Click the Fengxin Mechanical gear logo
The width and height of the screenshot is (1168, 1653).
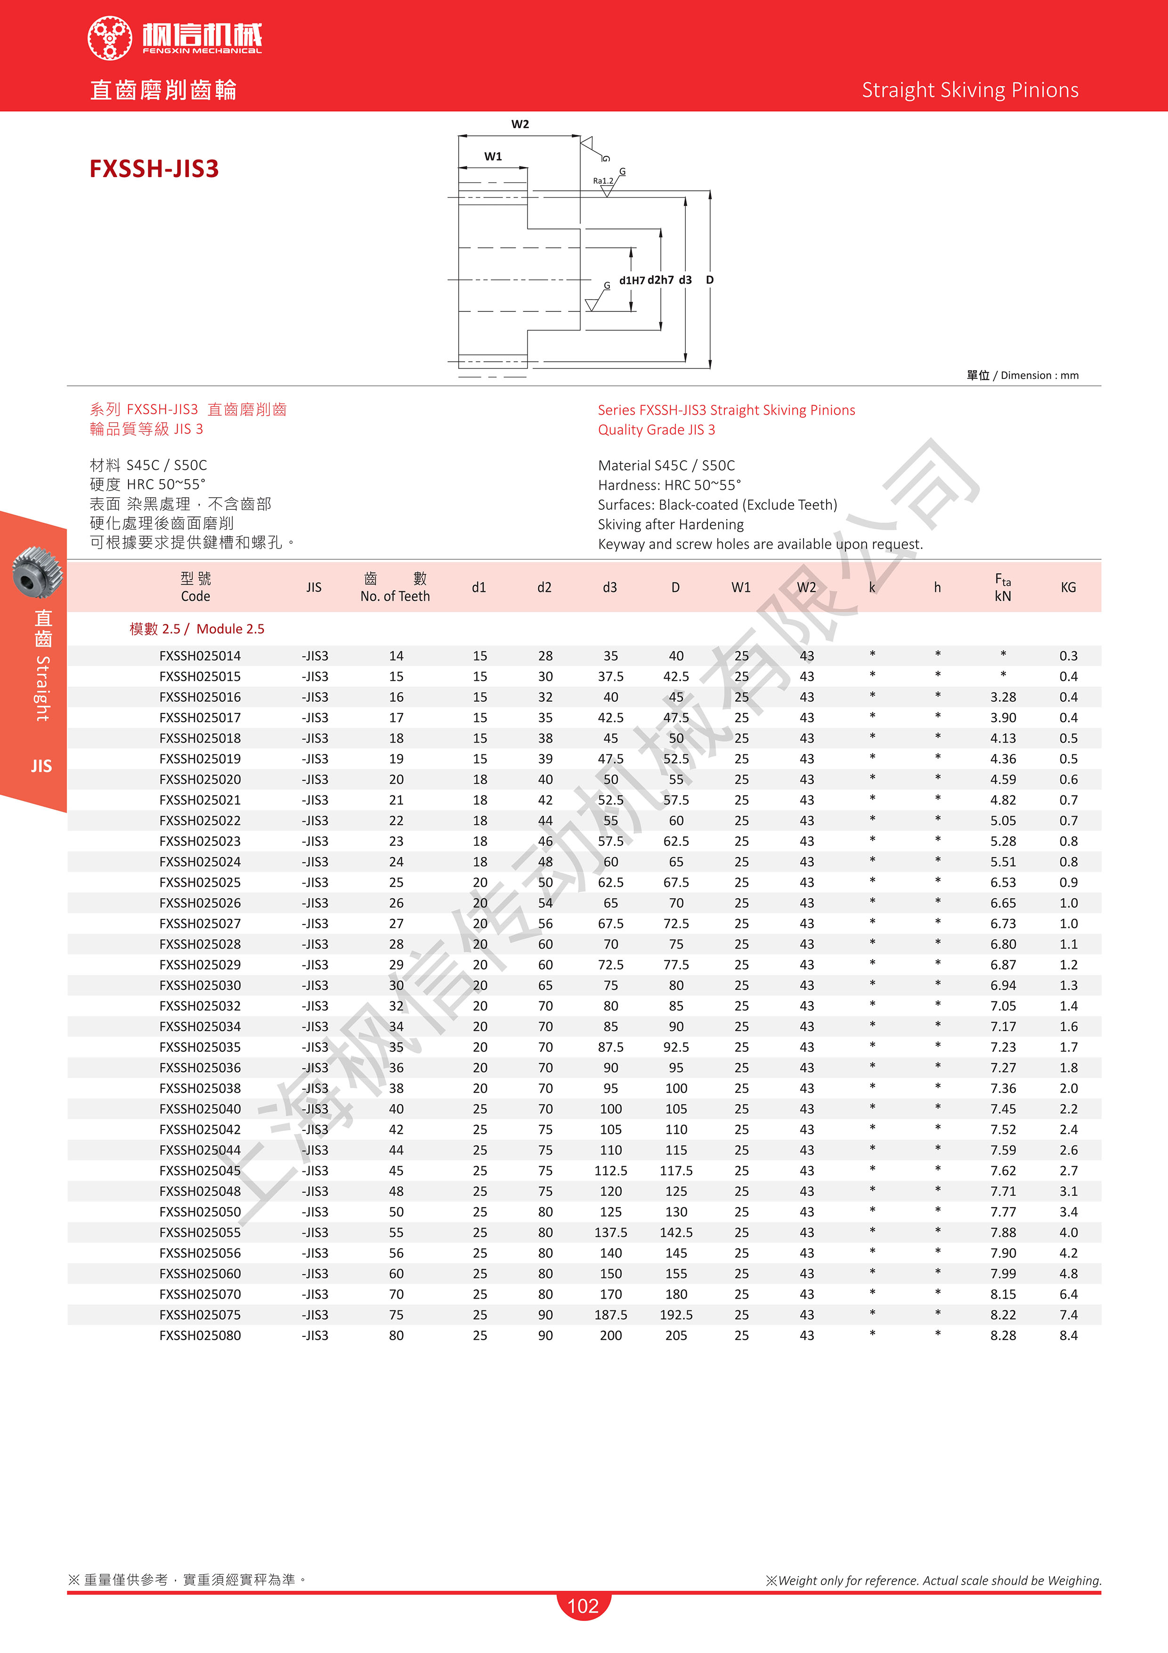click(109, 37)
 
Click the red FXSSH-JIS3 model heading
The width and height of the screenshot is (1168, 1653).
click(154, 169)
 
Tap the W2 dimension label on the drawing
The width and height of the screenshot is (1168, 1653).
click(519, 124)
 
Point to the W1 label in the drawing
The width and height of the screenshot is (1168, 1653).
click(493, 156)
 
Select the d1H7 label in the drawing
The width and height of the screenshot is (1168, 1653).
click(632, 280)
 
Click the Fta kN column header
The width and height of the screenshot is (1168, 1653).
click(1003, 588)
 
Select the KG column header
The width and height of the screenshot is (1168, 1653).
click(1068, 588)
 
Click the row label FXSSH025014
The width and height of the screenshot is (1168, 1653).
click(200, 656)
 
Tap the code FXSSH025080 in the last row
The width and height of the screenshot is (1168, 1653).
click(200, 1335)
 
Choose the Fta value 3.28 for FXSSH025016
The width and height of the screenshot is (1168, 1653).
click(1003, 697)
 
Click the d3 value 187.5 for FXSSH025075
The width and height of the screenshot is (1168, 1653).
click(610, 1315)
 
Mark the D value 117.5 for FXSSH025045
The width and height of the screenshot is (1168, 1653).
click(676, 1170)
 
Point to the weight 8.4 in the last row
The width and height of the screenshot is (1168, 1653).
click(1068, 1335)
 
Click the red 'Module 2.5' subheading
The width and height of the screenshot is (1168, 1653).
click(197, 629)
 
